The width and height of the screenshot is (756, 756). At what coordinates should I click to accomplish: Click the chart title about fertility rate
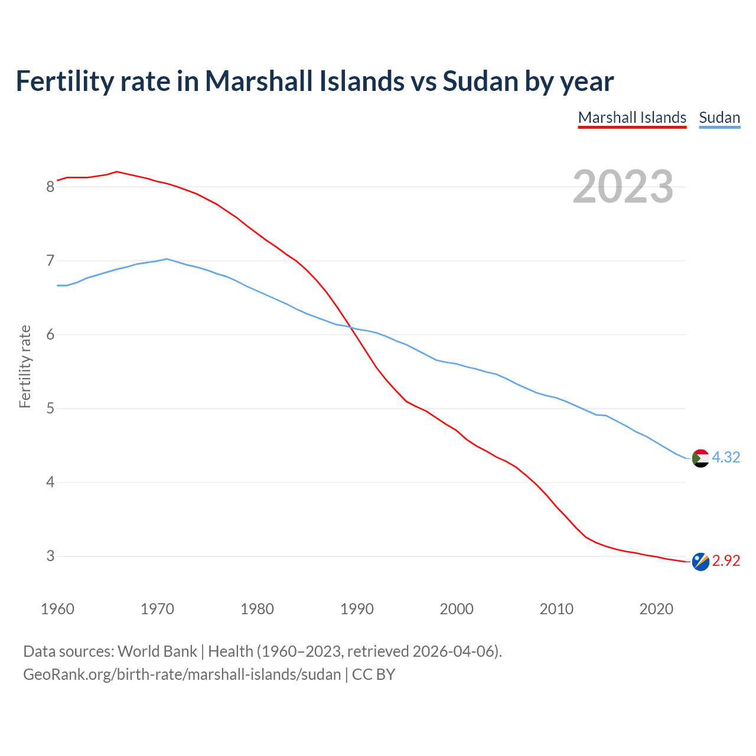click(x=314, y=82)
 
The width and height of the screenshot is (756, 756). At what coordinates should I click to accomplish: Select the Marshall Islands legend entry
click(x=632, y=118)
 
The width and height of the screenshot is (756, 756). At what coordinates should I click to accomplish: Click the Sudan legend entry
click(x=719, y=118)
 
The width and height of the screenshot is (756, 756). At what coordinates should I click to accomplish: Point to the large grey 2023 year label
click(x=623, y=187)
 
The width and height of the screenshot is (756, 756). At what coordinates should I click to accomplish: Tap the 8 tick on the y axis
click(x=50, y=187)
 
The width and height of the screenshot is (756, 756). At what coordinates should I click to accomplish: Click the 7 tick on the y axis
click(x=50, y=260)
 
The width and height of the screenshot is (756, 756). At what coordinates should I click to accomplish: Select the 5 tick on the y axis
click(x=50, y=409)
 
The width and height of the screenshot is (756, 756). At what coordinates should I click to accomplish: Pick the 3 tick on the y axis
click(x=50, y=556)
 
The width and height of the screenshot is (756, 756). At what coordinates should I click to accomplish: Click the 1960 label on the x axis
click(x=57, y=609)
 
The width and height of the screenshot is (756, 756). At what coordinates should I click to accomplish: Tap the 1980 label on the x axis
click(x=257, y=609)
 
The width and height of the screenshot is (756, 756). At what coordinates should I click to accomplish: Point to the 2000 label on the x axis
click(x=457, y=609)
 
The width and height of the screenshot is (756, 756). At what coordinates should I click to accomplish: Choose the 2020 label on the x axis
click(x=656, y=609)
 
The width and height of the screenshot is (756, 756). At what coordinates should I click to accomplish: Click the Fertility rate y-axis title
click(x=25, y=366)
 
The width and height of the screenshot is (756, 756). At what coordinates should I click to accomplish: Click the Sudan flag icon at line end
click(x=700, y=458)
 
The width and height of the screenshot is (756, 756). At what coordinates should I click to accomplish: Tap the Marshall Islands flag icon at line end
click(x=700, y=562)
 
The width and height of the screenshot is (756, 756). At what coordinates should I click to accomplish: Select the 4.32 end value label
click(x=726, y=458)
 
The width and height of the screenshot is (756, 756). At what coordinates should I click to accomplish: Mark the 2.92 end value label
click(x=726, y=561)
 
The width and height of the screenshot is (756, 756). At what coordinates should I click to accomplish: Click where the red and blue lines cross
click(x=351, y=328)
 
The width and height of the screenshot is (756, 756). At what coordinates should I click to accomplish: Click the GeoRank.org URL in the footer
click(x=182, y=674)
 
